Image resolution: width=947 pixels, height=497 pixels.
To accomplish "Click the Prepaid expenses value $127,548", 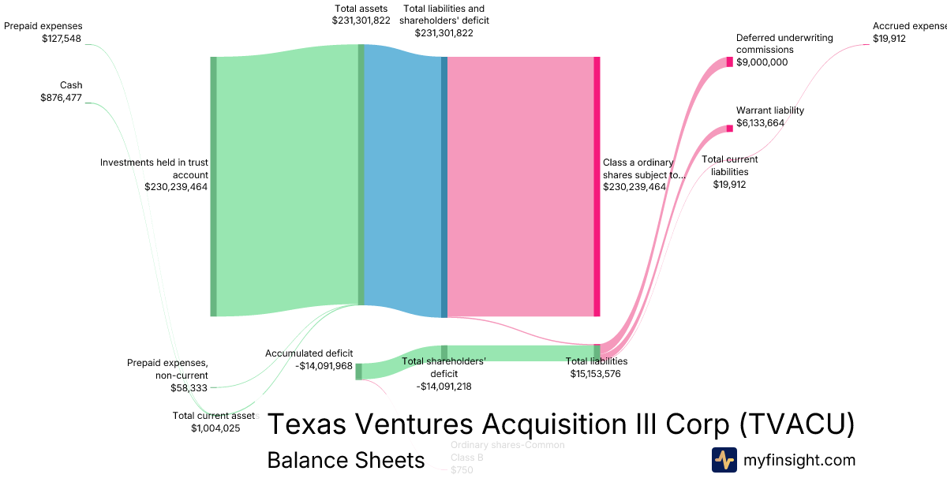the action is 62,38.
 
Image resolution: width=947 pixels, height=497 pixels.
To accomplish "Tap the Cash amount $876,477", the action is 61,98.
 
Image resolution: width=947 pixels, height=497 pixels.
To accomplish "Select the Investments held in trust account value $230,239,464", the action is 176,187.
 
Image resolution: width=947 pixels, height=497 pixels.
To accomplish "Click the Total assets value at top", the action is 361,21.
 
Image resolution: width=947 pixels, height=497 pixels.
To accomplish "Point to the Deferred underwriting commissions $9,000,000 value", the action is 762,62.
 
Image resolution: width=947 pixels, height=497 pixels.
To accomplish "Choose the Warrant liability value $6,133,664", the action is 759,123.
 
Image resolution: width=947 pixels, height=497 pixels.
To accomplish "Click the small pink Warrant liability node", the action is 729,128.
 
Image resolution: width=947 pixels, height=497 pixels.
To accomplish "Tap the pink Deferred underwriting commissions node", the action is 729,62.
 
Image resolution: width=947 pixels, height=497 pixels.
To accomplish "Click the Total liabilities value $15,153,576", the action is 595,373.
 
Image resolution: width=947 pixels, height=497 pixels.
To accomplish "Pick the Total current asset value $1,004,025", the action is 215,428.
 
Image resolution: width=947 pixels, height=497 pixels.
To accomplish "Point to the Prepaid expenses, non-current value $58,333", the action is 189,387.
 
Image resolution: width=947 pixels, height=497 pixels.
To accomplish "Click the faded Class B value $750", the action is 462,470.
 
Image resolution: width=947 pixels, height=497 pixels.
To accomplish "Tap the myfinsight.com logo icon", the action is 724,460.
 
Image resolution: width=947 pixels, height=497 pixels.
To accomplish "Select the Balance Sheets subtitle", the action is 346,460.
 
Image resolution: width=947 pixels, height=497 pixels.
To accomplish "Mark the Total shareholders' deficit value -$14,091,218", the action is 444,387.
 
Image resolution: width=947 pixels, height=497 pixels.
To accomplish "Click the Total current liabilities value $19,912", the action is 729,185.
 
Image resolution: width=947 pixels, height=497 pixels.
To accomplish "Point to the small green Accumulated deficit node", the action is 358,372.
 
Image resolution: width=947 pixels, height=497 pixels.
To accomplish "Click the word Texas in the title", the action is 308,424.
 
